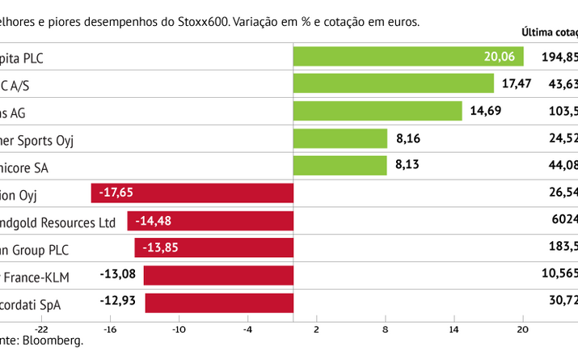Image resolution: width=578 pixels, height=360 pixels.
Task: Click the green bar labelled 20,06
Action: click(x=407, y=56)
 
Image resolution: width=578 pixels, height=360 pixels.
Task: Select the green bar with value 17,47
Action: click(x=393, y=83)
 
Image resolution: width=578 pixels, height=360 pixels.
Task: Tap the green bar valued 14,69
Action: click(x=377, y=111)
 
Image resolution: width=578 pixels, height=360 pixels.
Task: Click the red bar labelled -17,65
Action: click(x=192, y=193)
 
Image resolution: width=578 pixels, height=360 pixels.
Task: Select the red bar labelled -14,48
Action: click(x=209, y=221)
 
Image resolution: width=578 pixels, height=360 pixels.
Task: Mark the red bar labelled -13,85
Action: click(x=213, y=248)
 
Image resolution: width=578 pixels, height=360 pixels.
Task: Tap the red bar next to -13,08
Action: click(x=217, y=276)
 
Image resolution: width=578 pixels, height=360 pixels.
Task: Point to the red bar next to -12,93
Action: click(x=218, y=303)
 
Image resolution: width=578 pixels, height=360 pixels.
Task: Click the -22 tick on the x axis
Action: click(x=42, y=329)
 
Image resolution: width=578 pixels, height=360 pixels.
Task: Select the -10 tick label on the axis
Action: click(x=178, y=329)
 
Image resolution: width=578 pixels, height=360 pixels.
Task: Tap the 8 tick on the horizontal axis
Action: click(x=386, y=329)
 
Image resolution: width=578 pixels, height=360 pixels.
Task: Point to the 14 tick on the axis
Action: click(x=454, y=329)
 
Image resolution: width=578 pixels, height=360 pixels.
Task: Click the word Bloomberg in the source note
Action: click(x=57, y=341)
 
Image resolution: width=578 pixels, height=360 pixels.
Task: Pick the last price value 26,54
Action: click(x=563, y=193)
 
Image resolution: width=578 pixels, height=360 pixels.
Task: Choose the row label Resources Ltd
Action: click(x=72, y=222)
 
